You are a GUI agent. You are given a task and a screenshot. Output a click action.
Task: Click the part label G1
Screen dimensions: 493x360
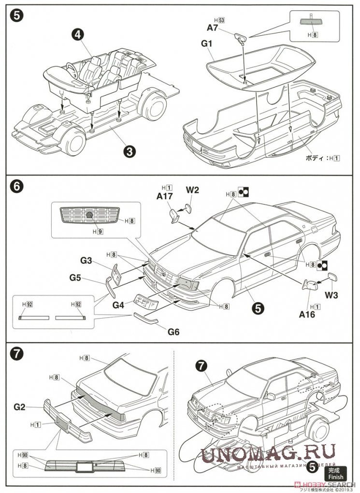click(207, 43)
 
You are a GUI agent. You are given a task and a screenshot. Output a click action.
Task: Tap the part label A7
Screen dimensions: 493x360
click(213, 28)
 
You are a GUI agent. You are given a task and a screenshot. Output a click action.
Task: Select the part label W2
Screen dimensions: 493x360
click(192, 189)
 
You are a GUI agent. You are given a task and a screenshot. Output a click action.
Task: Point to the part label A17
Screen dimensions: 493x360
click(165, 196)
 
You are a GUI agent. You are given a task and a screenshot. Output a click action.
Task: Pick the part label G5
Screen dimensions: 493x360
click(75, 277)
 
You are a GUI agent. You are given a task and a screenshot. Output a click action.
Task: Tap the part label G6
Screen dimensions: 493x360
click(174, 332)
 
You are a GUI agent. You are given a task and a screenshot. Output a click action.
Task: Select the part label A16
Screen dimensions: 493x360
click(306, 315)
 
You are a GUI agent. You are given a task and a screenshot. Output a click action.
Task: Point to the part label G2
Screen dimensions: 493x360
click(19, 407)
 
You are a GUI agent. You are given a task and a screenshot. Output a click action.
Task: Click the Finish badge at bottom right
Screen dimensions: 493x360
click(336, 473)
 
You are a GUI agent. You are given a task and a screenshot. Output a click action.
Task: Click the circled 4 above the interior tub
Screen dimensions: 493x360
click(78, 34)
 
